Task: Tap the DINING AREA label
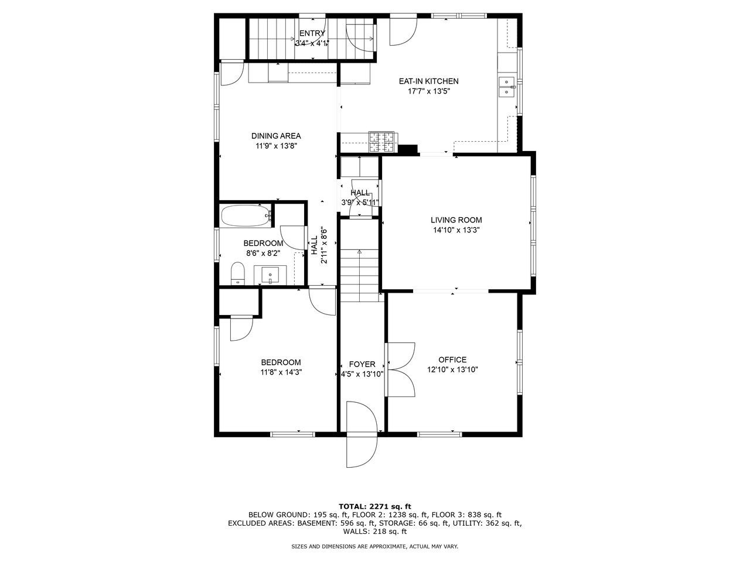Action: tap(276, 136)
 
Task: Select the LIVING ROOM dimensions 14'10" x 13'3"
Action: tap(456, 230)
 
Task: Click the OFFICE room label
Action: tap(452, 359)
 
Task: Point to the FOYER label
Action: tap(362, 364)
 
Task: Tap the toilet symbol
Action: tap(237, 273)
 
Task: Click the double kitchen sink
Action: tap(506, 87)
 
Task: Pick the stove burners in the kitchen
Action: tap(381, 140)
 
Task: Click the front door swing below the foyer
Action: tap(360, 433)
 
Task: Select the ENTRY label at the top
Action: tap(312, 33)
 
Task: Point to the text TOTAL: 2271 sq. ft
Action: tap(375, 506)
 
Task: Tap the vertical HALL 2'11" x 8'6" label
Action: tap(319, 245)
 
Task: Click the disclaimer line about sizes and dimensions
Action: tap(375, 546)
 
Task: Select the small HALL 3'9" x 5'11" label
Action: tap(360, 198)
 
